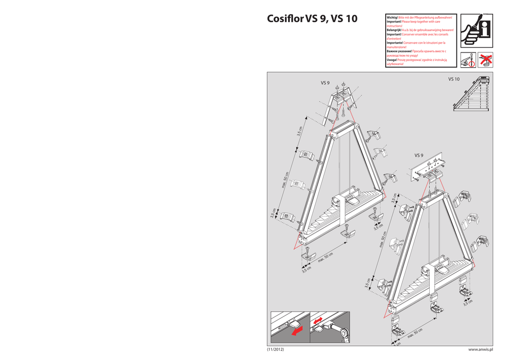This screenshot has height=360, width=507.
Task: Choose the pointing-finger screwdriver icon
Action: point(468,60)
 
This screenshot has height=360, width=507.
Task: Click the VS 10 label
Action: point(454,79)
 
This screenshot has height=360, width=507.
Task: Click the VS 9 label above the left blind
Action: point(325,83)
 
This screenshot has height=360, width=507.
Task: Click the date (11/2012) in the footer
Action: point(276,350)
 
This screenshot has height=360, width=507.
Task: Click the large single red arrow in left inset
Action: point(296,330)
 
